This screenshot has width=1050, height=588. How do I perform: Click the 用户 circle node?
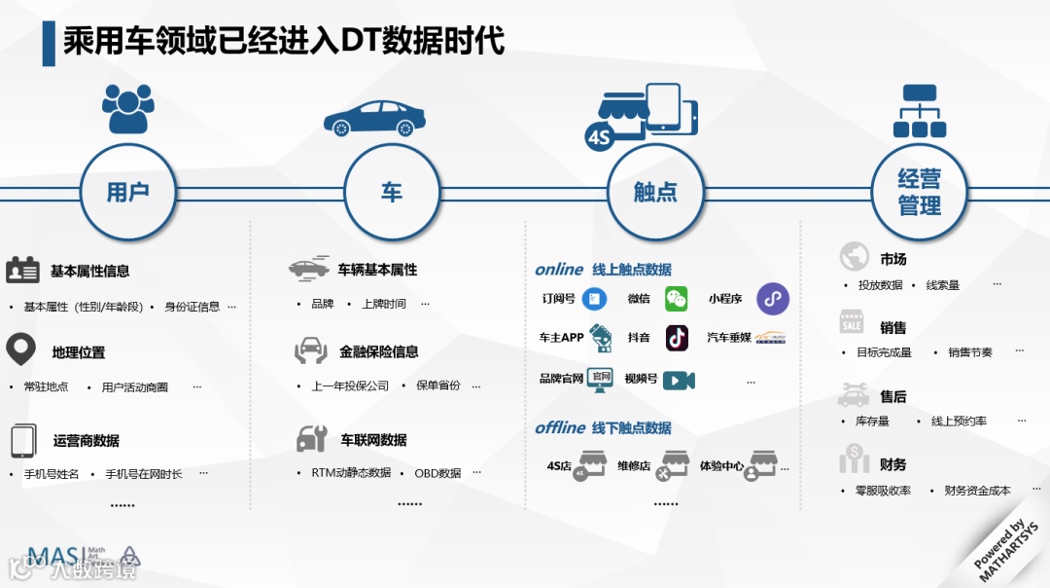click(x=127, y=192)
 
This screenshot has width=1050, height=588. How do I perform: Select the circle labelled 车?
click(x=391, y=192)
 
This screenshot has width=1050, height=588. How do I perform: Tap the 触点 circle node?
click(x=655, y=192)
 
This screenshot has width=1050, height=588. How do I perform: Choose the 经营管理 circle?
click(x=919, y=192)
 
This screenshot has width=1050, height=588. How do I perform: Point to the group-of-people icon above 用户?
click(x=128, y=108)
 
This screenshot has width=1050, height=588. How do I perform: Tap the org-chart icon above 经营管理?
click(x=919, y=111)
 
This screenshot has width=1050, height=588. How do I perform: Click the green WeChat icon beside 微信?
click(x=676, y=299)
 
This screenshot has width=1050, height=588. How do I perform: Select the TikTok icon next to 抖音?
click(x=677, y=338)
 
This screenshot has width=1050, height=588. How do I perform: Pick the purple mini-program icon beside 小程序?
click(x=773, y=299)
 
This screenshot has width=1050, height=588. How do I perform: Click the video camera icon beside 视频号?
click(x=679, y=380)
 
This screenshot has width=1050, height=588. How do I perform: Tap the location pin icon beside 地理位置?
click(x=20, y=349)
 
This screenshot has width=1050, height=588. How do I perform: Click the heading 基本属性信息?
click(x=89, y=272)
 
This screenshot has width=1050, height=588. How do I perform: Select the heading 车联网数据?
click(x=373, y=440)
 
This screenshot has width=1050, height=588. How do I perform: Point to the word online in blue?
click(x=559, y=270)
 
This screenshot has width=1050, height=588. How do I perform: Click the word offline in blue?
click(x=560, y=428)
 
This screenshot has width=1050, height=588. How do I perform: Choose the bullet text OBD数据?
click(x=437, y=473)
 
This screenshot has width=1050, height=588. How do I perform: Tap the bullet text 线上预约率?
click(x=959, y=422)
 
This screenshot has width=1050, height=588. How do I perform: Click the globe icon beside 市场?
click(x=854, y=256)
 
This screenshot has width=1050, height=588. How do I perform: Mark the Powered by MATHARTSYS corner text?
click(x=1006, y=550)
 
